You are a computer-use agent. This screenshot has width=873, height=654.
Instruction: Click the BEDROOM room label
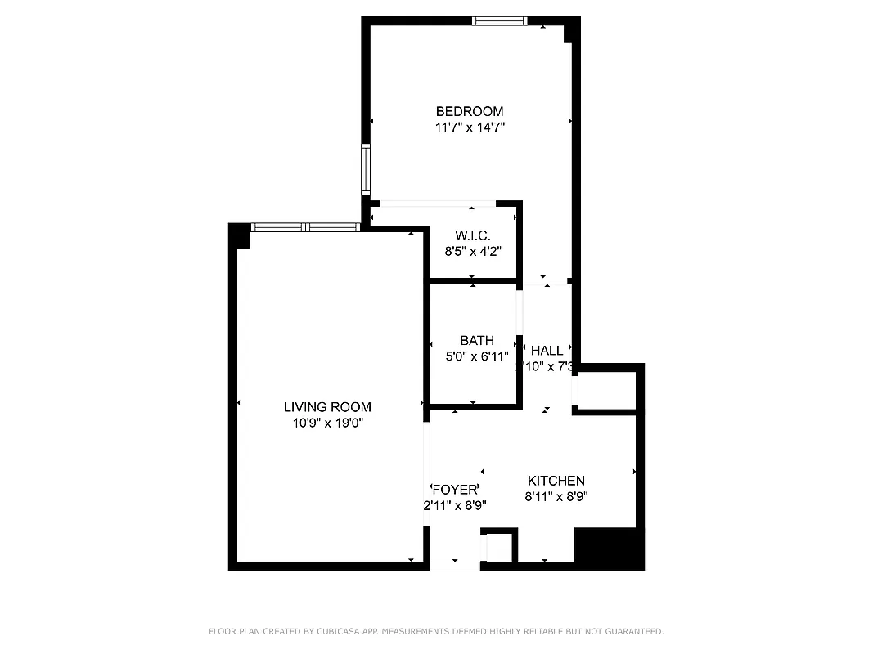pyautogui.click(x=469, y=111)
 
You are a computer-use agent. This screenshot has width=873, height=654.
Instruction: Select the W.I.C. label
pyautogui.click(x=472, y=235)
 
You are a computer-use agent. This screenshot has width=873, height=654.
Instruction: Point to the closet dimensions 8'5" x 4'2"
pyautogui.click(x=472, y=252)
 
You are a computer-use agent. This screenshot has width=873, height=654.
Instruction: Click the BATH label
pyautogui.click(x=477, y=340)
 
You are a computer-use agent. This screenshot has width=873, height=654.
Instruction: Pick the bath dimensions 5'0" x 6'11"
pyautogui.click(x=477, y=356)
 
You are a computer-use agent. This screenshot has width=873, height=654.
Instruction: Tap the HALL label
pyautogui.click(x=547, y=351)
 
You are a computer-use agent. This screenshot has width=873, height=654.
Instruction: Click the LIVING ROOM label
pyautogui.click(x=327, y=406)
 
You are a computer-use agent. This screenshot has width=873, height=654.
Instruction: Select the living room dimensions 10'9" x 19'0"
pyautogui.click(x=327, y=423)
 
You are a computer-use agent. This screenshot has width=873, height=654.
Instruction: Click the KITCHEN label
pyautogui.click(x=556, y=481)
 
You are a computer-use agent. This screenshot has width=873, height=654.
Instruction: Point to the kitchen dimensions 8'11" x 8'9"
pyautogui.click(x=556, y=496)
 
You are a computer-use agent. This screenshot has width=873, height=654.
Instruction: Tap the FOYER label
pyautogui.click(x=454, y=490)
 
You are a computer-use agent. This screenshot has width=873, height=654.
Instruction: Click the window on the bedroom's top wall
pyautogui.click(x=499, y=21)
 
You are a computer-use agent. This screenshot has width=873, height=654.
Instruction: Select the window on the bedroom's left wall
pyautogui.click(x=366, y=169)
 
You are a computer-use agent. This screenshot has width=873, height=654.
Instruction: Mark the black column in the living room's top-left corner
pyautogui.click(x=240, y=234)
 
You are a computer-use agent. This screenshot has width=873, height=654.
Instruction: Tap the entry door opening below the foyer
pyautogui.click(x=455, y=566)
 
